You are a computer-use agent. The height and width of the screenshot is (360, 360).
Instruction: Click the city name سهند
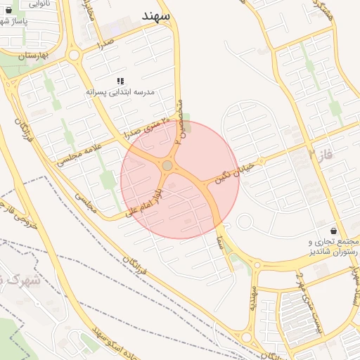155,15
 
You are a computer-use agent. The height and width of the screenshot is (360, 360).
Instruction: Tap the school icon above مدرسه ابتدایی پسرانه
120,82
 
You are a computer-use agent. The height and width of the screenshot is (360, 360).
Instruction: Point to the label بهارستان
33,55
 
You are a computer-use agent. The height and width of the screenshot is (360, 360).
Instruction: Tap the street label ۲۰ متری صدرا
146,127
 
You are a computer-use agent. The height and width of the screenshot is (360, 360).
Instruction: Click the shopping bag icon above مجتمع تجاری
333,231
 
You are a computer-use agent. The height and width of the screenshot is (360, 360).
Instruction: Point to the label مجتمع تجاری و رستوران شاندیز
330,247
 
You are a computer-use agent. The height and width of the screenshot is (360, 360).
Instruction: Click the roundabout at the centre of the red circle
167,166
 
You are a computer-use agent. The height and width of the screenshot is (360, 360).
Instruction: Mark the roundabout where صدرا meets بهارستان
74,54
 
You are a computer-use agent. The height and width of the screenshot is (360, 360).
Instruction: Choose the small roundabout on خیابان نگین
245,222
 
